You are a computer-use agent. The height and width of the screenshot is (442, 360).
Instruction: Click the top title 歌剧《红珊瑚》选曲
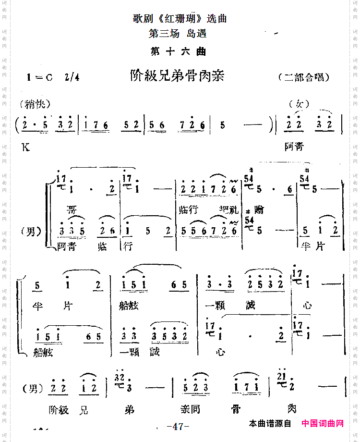click(180, 19)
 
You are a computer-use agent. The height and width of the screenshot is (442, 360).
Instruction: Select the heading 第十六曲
click(179, 52)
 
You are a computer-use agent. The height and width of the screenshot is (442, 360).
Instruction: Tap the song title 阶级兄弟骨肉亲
click(177, 76)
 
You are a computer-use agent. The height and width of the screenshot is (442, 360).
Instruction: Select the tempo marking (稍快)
click(36, 104)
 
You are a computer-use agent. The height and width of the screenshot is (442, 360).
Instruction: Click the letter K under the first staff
click(24, 147)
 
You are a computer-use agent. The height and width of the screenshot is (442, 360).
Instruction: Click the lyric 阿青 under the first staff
click(294, 147)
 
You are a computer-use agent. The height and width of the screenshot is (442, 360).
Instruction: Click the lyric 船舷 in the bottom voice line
click(44, 352)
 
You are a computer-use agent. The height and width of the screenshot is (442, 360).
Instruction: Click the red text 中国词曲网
click(323, 424)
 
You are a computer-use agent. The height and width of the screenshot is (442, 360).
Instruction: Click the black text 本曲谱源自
click(270, 424)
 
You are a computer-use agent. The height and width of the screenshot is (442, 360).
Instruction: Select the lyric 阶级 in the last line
click(59, 410)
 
